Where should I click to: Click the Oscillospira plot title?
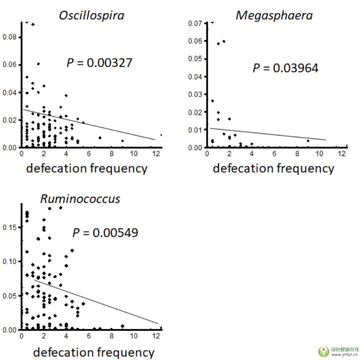pyautogui.click(x=92, y=15)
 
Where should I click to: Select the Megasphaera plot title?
pyautogui.click(x=274, y=15)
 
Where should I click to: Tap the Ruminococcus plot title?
pyautogui.click(x=80, y=198)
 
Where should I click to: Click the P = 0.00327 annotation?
pyautogui.click(x=99, y=63)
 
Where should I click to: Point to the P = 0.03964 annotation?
pyautogui.click(x=285, y=68)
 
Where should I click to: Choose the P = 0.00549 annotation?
pyautogui.click(x=105, y=233)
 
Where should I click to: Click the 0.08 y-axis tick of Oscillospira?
pyautogui.click(x=9, y=37)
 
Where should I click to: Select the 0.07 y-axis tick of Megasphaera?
pyautogui.click(x=195, y=23)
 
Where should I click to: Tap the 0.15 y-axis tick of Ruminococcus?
pyautogui.click(x=9, y=227)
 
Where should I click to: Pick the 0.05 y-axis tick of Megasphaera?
pyautogui.click(x=195, y=59)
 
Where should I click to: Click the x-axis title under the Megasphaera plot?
pyautogui.click(x=273, y=169)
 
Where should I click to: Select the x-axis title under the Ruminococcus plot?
pyautogui.click(x=94, y=352)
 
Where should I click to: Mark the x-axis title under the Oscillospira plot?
pyautogui.click(x=87, y=169)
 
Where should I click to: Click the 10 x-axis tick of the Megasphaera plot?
pyautogui.click(x=319, y=154)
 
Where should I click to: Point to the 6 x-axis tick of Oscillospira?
pyautogui.click(x=89, y=154)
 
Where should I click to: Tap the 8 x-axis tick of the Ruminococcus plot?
pyautogui.click(x=111, y=336)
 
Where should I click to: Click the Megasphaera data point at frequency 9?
pyautogui.click(x=308, y=141)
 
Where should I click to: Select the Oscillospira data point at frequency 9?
pyautogui.click(x=122, y=141)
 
